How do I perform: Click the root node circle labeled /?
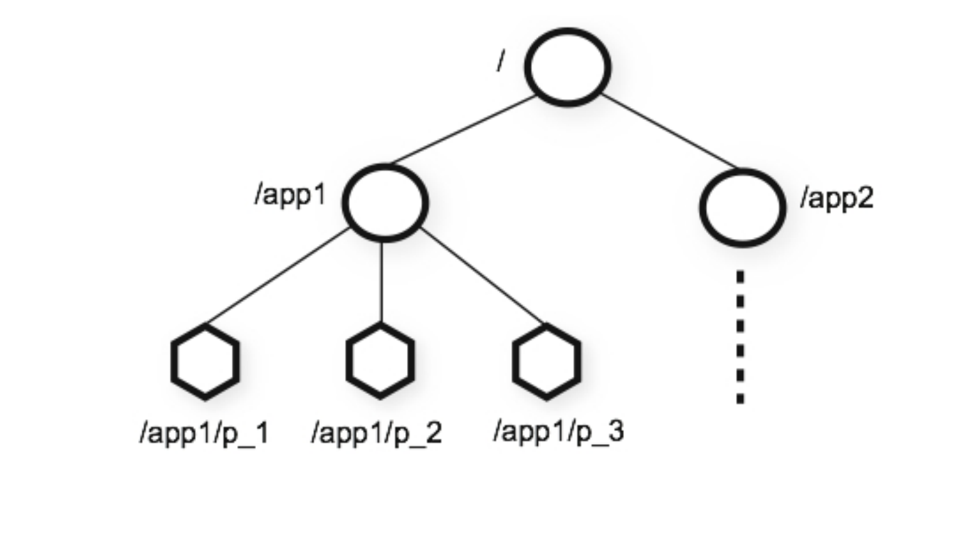[x=567, y=66]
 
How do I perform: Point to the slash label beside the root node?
[x=500, y=61]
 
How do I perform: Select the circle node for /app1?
[x=385, y=202]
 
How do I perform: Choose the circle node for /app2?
[x=742, y=207]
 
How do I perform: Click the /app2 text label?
[x=836, y=197]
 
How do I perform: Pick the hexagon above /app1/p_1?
[x=205, y=361]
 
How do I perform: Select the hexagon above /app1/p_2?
[x=380, y=361]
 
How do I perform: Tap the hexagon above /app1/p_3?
[x=546, y=361]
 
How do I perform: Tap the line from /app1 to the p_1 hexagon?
[x=278, y=276]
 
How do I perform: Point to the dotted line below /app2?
[x=741, y=337]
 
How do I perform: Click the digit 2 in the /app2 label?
[x=865, y=197]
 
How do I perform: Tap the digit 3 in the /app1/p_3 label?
[x=615, y=431]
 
